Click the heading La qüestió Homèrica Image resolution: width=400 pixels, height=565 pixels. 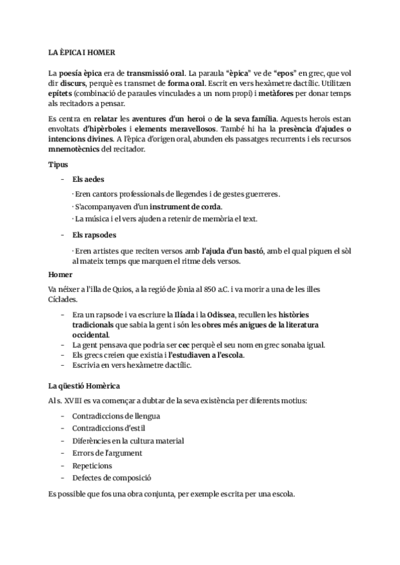tap(83, 386)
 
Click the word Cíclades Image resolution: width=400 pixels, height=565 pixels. tap(65, 300)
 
